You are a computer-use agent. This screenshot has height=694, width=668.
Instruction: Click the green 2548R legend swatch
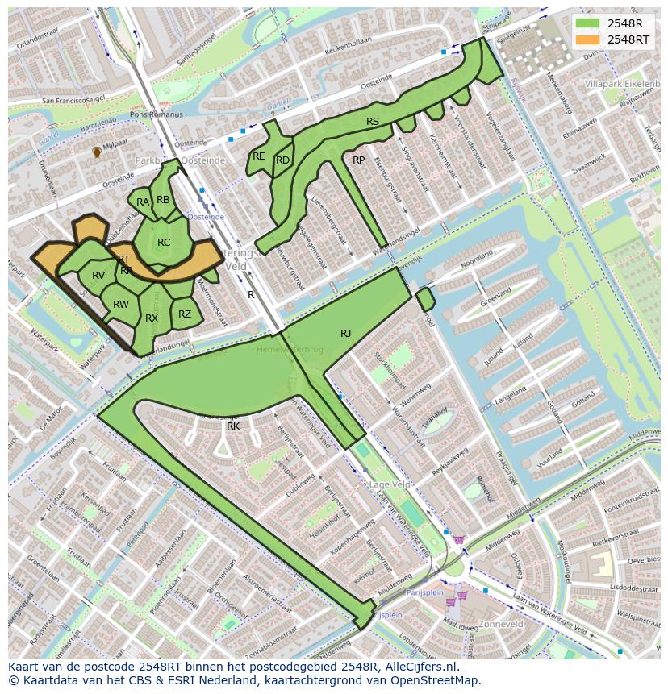point(588,23)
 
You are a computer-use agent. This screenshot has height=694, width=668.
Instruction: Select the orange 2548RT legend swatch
point(588,39)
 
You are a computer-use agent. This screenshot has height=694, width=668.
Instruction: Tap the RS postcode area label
point(373,122)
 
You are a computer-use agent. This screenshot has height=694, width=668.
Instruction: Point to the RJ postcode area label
point(345,333)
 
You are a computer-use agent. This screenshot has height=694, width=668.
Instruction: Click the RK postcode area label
point(233,426)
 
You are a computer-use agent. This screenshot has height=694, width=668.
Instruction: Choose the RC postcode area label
point(164,243)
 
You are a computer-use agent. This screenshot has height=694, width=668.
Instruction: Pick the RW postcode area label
point(121,305)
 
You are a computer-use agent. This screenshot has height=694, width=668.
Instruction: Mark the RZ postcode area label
point(185,314)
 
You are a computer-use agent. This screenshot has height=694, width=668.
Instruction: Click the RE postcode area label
point(259,156)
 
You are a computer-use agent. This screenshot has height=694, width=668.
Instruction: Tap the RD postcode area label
point(282,160)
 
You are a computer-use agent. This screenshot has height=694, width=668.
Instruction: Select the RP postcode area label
point(358,160)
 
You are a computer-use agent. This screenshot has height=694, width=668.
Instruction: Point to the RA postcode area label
point(143,202)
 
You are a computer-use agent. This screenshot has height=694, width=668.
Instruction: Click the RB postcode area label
point(163,200)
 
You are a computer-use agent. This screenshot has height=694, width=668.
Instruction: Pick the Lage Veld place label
point(390,484)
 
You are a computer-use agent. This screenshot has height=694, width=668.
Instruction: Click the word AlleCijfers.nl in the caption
point(418,667)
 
